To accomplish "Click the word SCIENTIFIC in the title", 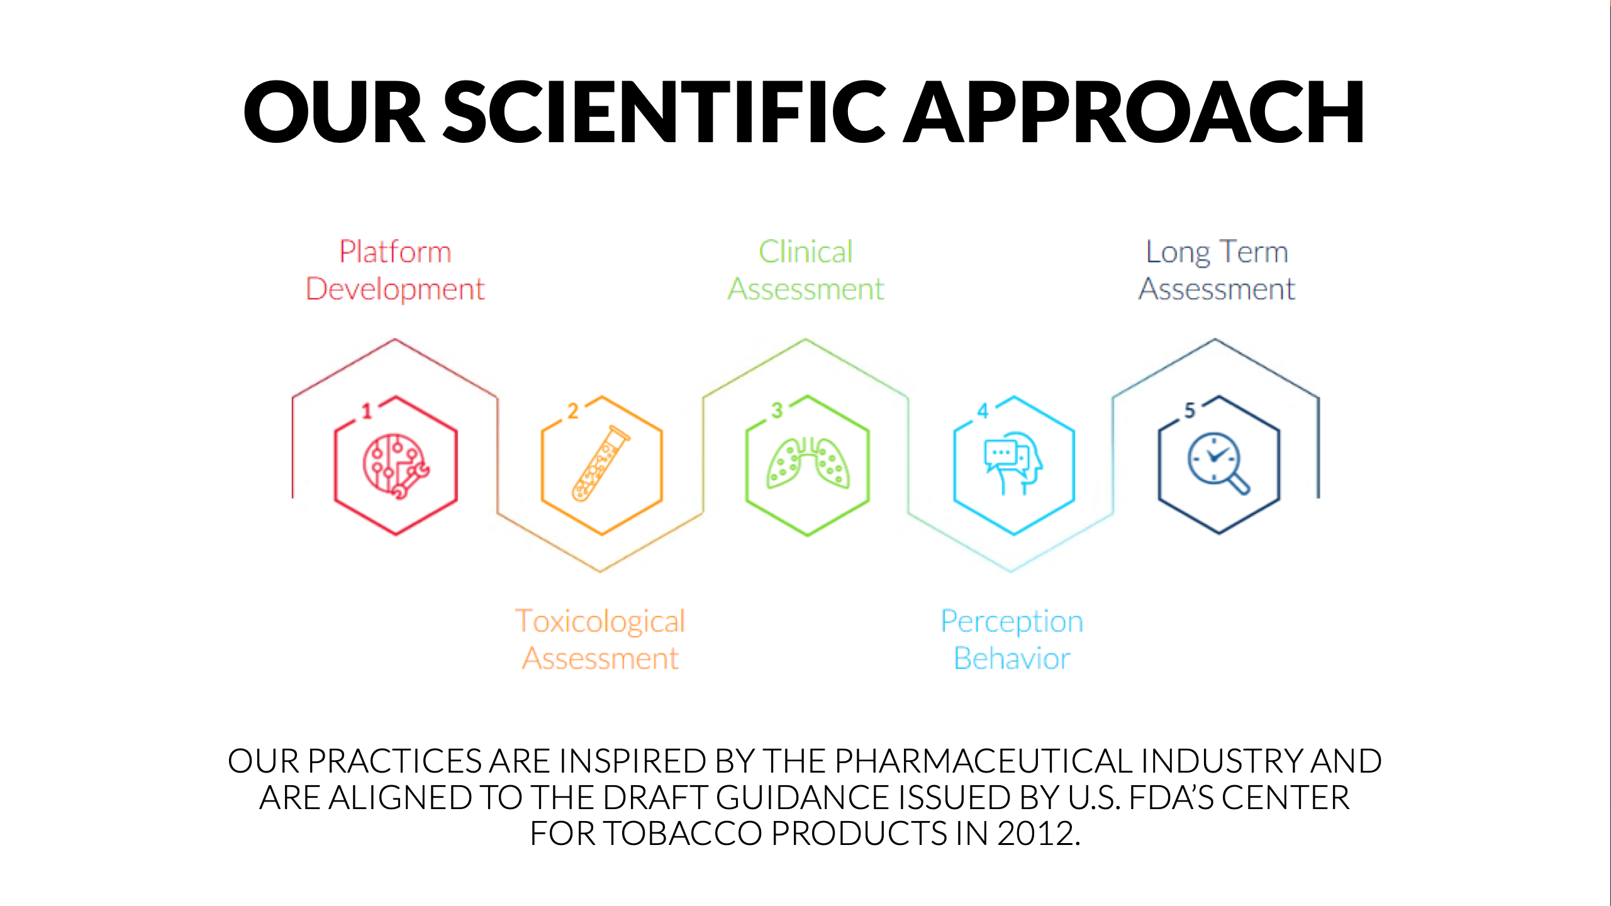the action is click(665, 112).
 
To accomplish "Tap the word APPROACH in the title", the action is click(1134, 112).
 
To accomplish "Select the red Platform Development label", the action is click(395, 271).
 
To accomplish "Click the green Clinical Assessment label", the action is click(806, 271).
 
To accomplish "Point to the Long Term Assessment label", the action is click(1217, 271).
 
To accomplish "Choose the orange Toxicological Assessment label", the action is click(600, 639).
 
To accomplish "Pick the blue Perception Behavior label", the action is click(1012, 639).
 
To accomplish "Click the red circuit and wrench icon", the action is click(396, 466).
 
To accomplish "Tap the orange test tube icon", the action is click(601, 464).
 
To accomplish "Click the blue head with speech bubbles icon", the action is click(1013, 463).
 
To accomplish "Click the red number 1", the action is click(367, 411).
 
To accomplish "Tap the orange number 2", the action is click(572, 411).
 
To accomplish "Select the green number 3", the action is click(778, 410).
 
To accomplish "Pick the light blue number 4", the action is click(983, 411).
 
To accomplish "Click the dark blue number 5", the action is click(1190, 410).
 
